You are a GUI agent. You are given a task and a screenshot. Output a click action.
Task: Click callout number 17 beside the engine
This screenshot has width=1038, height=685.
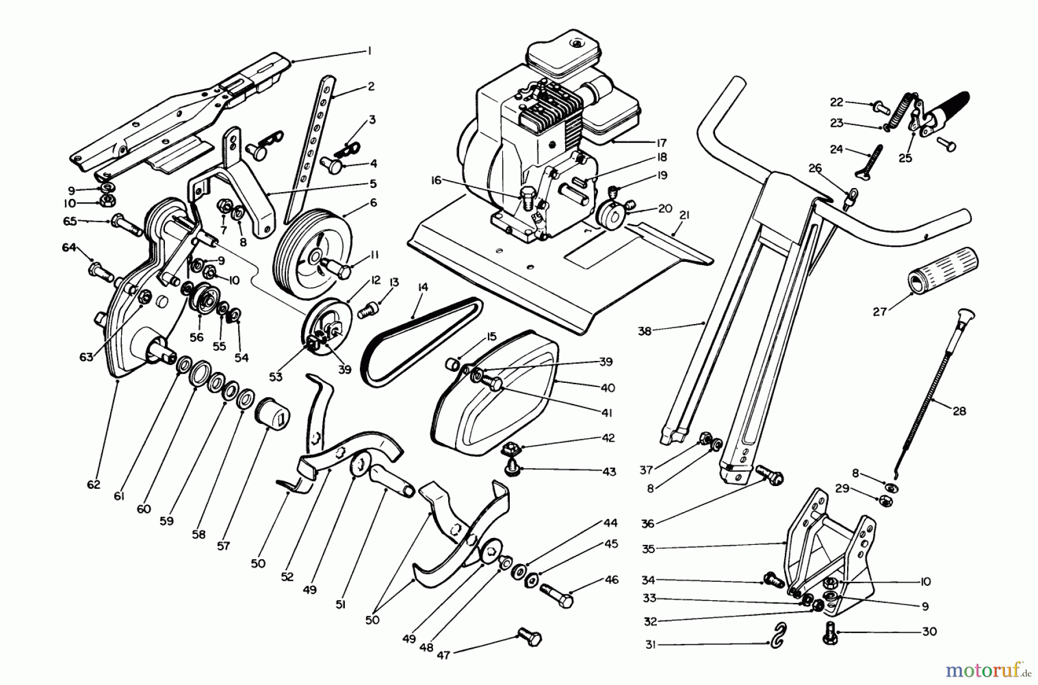pyautogui.click(x=661, y=142)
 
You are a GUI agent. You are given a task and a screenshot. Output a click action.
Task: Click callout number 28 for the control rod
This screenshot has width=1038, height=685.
pyautogui.click(x=959, y=411)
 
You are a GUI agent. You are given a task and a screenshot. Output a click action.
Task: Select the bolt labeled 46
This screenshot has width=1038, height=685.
pyautogui.click(x=556, y=595)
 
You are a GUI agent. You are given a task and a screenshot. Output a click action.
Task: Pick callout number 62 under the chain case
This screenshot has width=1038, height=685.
pyautogui.click(x=93, y=484)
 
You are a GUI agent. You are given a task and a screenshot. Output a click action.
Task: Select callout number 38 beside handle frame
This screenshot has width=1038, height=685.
pyautogui.click(x=645, y=331)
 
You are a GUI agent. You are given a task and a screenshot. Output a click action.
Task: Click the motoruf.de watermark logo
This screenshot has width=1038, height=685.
pyautogui.click(x=990, y=670)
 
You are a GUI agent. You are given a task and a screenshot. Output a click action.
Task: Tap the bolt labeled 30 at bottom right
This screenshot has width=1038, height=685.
pyautogui.click(x=830, y=633)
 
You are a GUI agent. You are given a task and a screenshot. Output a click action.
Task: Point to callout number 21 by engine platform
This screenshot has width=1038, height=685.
pyautogui.click(x=685, y=215)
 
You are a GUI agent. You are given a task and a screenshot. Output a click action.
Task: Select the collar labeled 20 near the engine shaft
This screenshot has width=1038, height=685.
pyautogui.click(x=613, y=216)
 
